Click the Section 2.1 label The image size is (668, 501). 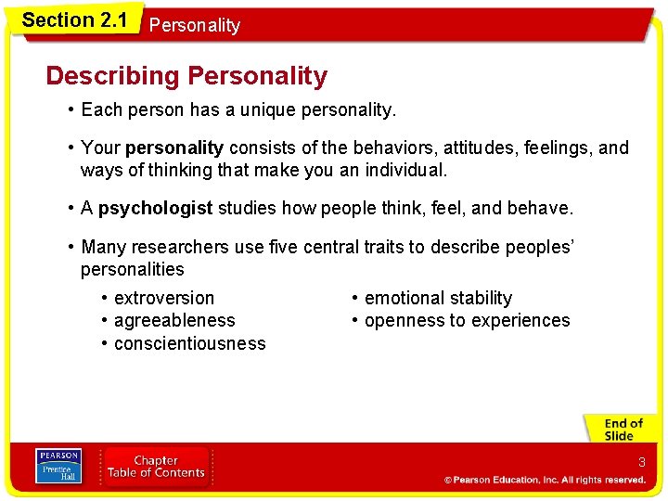74,19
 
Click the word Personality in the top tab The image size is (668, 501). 194,26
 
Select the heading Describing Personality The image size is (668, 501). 186,76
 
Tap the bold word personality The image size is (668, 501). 174,148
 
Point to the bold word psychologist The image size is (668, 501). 155,208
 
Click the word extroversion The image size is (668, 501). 163,298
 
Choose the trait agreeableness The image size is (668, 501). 174,320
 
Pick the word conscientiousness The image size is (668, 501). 189,343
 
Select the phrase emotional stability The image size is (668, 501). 438,298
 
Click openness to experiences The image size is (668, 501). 467,320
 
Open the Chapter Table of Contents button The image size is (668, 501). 156,467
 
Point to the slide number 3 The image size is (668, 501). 641,462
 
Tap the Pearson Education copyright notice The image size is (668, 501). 545,480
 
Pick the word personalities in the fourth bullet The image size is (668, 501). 132,269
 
